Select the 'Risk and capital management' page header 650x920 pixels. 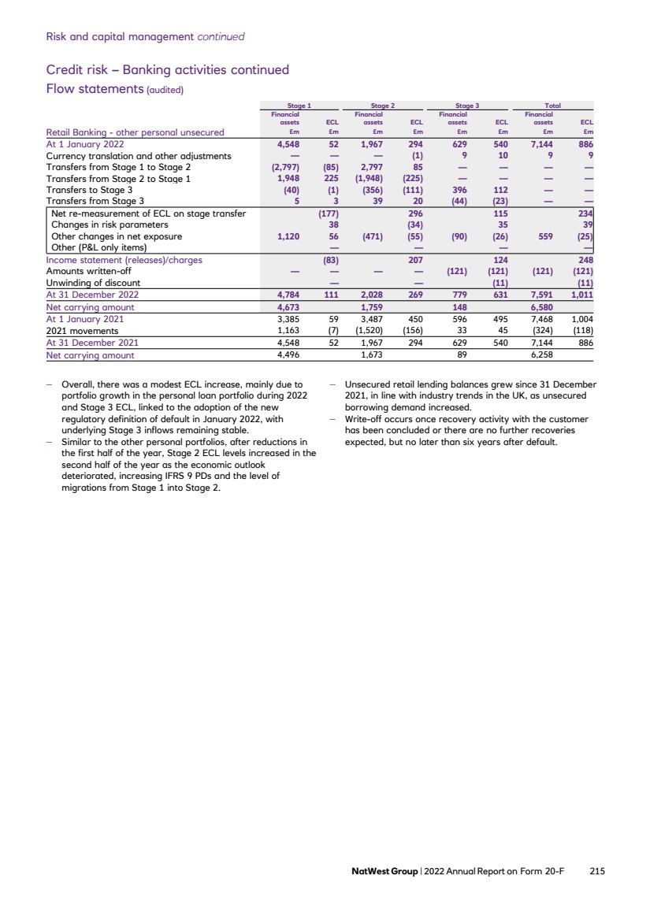pos(121,36)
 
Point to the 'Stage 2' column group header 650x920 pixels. pos(382,105)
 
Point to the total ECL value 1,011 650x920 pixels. pos(581,294)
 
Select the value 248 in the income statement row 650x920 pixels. pos(584,259)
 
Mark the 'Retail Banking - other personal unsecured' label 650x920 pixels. pos(135,132)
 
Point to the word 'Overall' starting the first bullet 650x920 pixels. pos(78,385)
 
